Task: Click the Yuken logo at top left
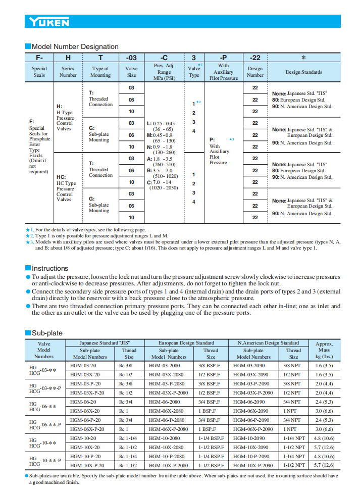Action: tap(49, 22)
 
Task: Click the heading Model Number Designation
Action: tap(75, 46)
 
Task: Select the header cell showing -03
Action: tap(131, 58)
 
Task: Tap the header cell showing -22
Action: tap(255, 58)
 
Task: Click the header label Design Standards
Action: tap(303, 72)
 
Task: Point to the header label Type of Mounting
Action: tap(100, 72)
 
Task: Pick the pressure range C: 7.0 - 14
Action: tap(164, 182)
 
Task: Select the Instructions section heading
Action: tap(49, 268)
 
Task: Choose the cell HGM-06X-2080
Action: tap(173, 411)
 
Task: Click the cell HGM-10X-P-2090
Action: tap(257, 465)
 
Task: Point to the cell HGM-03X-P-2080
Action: tap(173, 392)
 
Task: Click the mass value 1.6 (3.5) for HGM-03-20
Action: tap(324, 366)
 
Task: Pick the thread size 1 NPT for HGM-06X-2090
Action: tap(293, 411)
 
